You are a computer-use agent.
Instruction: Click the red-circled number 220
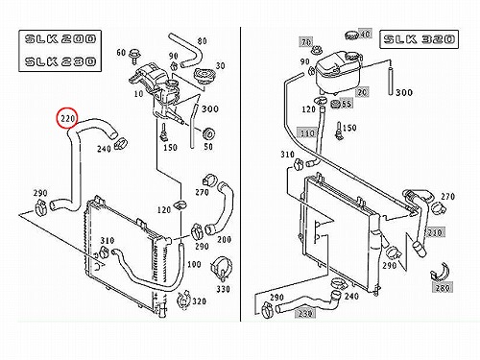[x=67, y=119]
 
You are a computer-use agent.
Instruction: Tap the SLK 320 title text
[x=419, y=39]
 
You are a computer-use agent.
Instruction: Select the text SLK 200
[x=60, y=39]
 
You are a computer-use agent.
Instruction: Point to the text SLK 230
[x=60, y=61]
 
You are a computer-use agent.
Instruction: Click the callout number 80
[x=202, y=41]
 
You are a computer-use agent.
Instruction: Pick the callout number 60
[x=121, y=52]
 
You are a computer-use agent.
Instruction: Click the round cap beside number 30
[x=204, y=77]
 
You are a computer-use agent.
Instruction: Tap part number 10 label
[x=138, y=94]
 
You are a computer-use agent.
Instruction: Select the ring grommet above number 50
[x=208, y=133]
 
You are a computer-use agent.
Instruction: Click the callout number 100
[x=194, y=264]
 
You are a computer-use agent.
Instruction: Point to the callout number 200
[x=224, y=239]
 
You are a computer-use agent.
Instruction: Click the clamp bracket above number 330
[x=222, y=266]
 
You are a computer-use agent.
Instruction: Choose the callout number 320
[x=199, y=301]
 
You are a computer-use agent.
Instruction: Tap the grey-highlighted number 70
[x=306, y=42]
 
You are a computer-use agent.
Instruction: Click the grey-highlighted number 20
[x=362, y=92]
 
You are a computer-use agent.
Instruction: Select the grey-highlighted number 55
[x=347, y=104]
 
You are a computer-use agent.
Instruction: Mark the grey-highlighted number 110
[x=307, y=132]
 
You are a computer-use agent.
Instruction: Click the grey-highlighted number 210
[x=435, y=232]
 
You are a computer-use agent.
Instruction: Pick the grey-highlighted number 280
[x=443, y=288]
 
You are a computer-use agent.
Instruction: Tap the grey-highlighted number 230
[x=305, y=314]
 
